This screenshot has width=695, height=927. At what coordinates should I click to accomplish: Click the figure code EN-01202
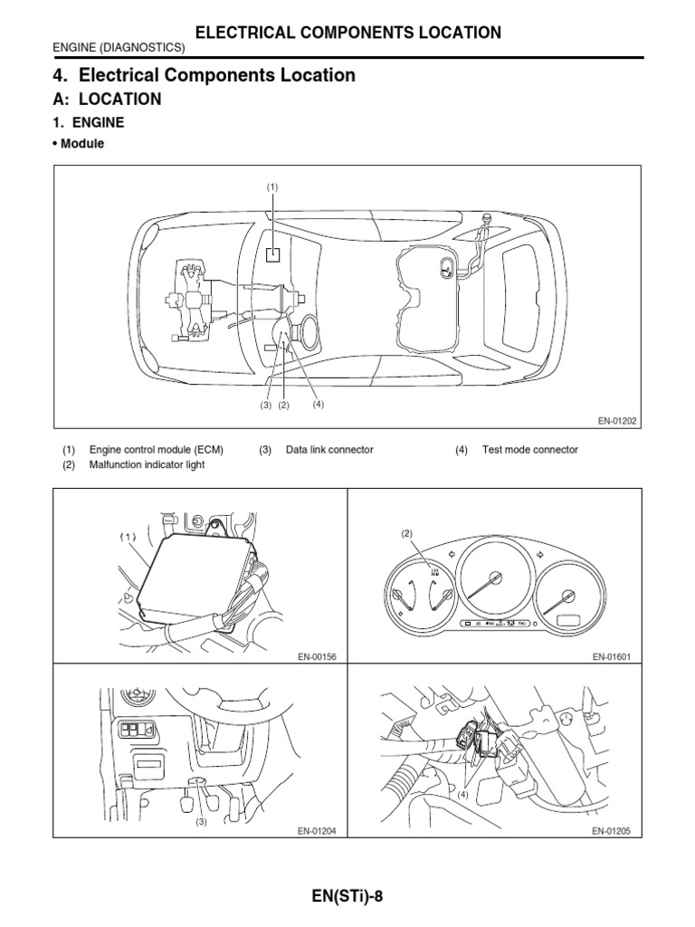(618, 420)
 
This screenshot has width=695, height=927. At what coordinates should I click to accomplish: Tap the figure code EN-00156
(316, 656)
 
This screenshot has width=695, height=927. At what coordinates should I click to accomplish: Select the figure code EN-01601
(611, 656)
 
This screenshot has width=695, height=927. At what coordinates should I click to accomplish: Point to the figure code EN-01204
(316, 830)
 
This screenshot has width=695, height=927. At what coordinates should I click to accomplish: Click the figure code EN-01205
(611, 830)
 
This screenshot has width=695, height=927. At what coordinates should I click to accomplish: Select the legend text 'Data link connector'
(329, 450)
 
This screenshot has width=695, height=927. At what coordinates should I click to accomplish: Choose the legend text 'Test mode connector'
(529, 450)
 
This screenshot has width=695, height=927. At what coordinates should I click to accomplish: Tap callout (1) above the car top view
(272, 186)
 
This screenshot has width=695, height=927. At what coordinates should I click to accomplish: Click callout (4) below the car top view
(319, 404)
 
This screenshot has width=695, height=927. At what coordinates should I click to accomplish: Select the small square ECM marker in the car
(272, 254)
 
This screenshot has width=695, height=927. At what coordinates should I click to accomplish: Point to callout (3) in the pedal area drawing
(201, 822)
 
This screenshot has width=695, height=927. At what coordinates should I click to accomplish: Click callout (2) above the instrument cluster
(407, 534)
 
